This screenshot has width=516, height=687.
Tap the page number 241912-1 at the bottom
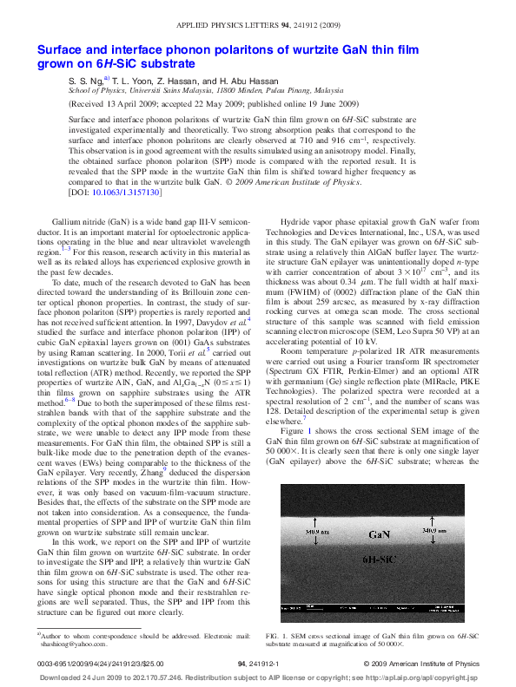pyautogui.click(x=257, y=664)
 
